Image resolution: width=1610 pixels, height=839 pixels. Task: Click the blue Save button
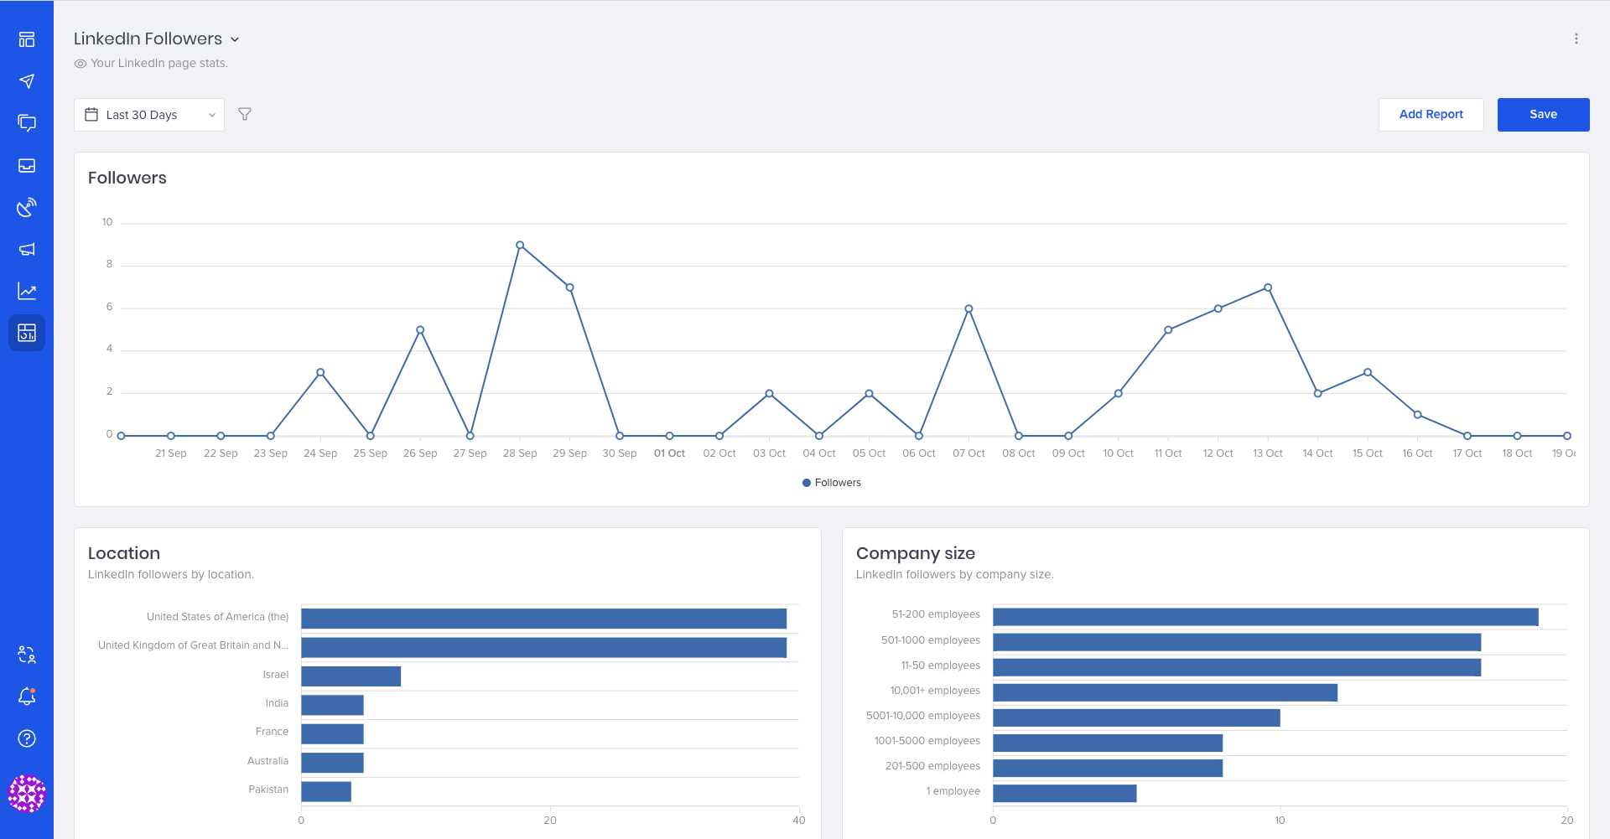click(x=1543, y=115)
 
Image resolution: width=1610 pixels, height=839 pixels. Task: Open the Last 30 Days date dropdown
click(x=149, y=115)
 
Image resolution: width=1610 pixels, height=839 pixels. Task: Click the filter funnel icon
click(x=245, y=114)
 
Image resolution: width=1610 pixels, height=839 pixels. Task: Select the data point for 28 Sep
click(x=520, y=246)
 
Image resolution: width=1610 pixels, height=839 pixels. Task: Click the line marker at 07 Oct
click(x=969, y=309)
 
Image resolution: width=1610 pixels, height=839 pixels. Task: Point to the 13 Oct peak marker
click(x=1268, y=287)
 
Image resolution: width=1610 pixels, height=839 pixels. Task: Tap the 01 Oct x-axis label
click(x=669, y=453)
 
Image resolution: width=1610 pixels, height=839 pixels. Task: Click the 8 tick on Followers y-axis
click(x=109, y=264)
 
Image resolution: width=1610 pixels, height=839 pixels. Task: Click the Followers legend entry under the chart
click(x=832, y=483)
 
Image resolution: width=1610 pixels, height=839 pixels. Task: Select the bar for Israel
click(x=351, y=676)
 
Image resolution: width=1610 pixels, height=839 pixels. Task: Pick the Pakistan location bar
click(x=326, y=791)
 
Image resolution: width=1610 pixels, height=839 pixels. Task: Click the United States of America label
click(x=217, y=617)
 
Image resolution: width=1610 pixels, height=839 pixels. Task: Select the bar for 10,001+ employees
click(x=1165, y=692)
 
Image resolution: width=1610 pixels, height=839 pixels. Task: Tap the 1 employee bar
click(x=1064, y=793)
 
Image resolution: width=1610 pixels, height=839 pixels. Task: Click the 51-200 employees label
click(x=936, y=614)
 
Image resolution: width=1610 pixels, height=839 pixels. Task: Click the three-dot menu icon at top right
click(x=1576, y=39)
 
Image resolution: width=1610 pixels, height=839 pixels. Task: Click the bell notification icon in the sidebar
click(x=27, y=697)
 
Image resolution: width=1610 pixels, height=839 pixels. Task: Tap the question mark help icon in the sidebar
click(x=27, y=738)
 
